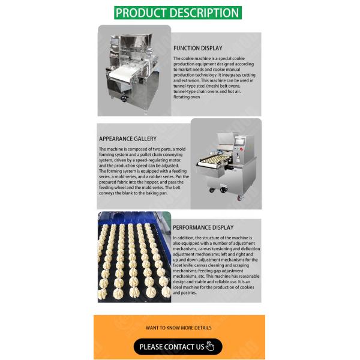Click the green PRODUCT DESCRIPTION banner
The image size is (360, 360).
click(x=178, y=13)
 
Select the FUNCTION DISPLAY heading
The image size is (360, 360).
click(x=197, y=48)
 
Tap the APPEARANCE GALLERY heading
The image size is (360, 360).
click(x=128, y=139)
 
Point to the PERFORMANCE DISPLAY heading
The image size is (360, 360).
click(x=203, y=227)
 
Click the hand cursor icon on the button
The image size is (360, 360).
click(x=209, y=346)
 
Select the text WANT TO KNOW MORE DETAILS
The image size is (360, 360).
click(x=178, y=328)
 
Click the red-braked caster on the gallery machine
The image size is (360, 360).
click(x=223, y=190)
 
